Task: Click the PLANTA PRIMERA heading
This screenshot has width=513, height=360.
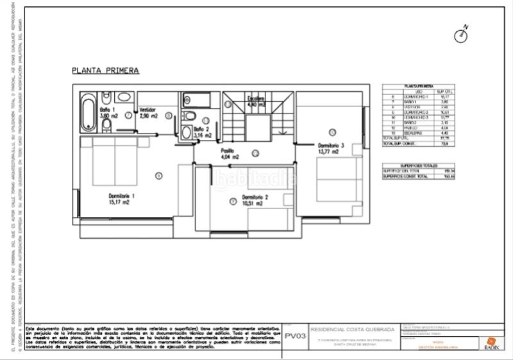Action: (x=105, y=71)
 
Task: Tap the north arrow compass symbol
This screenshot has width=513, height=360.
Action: (x=461, y=35)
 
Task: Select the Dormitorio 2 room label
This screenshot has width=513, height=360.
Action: (x=255, y=197)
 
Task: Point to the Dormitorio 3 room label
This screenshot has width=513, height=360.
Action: (x=331, y=146)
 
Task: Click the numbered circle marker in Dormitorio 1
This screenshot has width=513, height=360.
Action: (x=159, y=175)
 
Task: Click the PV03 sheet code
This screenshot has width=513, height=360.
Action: (x=294, y=335)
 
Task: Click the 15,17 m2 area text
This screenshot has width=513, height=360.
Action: (x=119, y=201)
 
